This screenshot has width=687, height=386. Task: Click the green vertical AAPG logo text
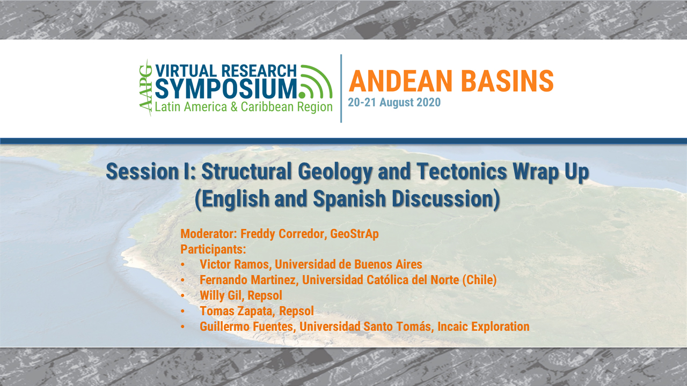(145, 88)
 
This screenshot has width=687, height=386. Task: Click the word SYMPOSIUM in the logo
(225, 88)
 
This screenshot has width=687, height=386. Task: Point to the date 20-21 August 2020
(394, 102)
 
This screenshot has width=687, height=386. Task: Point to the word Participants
(213, 249)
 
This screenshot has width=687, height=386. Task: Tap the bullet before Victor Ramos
(183, 265)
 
